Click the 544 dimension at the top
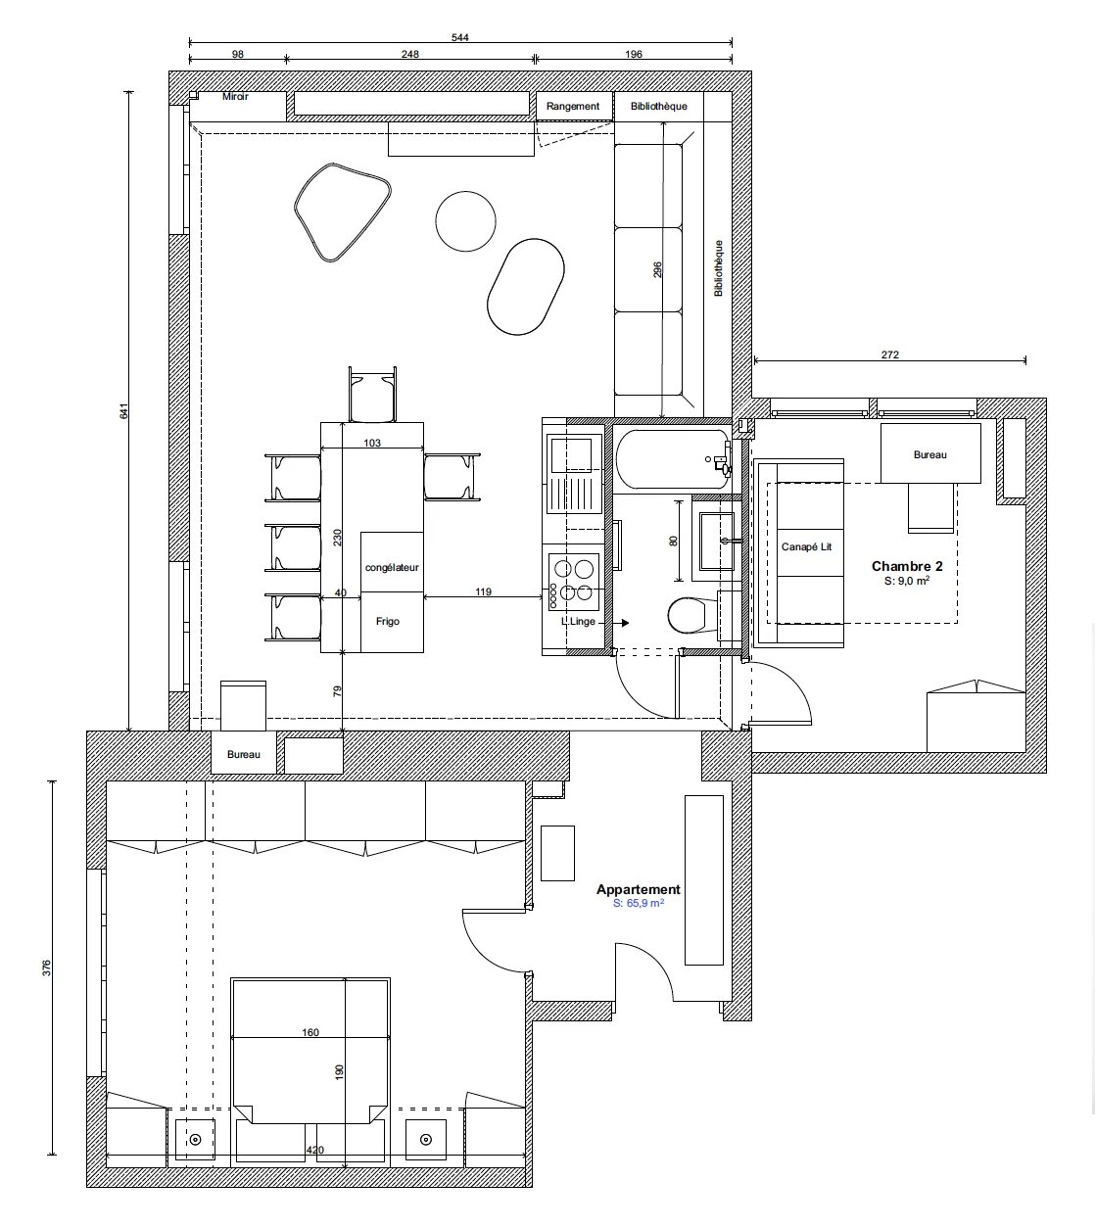click(459, 37)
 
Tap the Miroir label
click(235, 96)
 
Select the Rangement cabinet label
click(572, 106)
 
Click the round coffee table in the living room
click(465, 221)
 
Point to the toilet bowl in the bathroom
click(687, 615)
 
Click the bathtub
click(673, 459)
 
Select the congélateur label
click(392, 568)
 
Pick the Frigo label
click(388, 621)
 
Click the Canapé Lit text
click(806, 546)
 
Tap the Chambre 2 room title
click(907, 566)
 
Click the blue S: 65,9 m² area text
click(639, 903)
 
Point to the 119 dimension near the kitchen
click(483, 591)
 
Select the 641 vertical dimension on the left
click(124, 411)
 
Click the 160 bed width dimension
click(310, 1032)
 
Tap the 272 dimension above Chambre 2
click(890, 354)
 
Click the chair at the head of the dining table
click(373, 395)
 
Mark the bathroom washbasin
click(717, 541)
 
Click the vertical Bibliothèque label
click(719, 268)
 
